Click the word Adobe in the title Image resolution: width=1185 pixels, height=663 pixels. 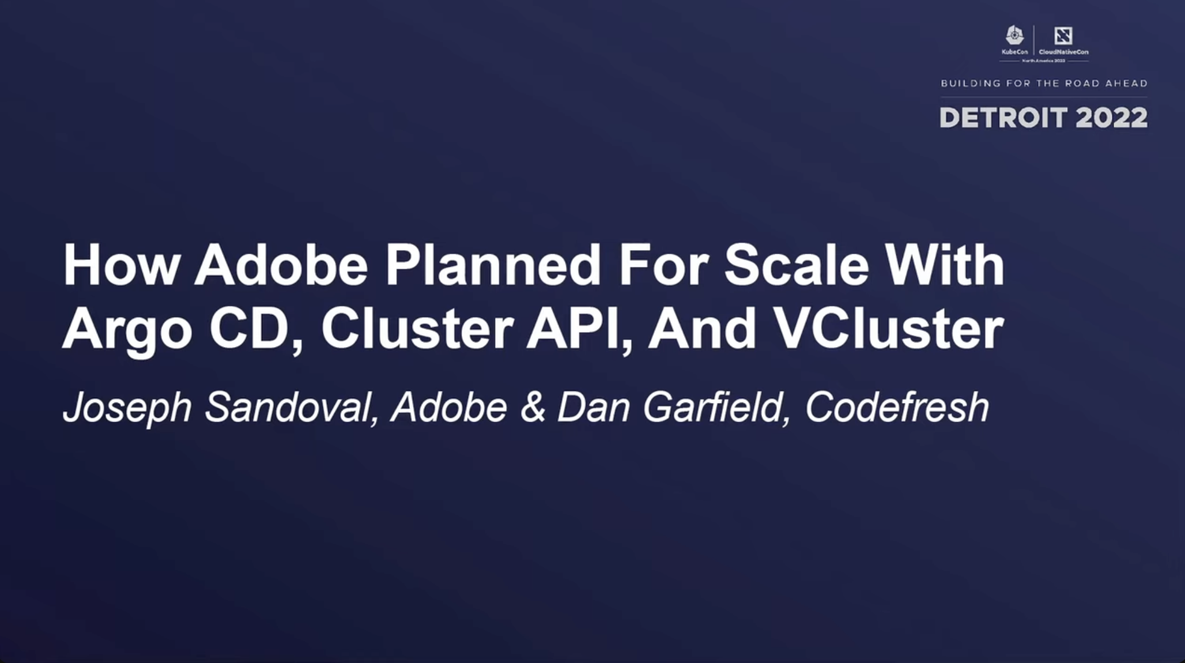tap(281, 266)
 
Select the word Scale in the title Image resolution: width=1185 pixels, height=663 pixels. tap(796, 266)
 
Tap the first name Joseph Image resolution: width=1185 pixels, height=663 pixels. tap(127, 408)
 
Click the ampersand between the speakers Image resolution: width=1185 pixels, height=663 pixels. tap(533, 407)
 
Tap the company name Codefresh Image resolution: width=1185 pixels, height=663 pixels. tap(897, 407)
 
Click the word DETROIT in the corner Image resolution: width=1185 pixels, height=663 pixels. tap(1003, 118)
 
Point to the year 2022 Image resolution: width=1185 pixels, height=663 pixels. tap(1111, 118)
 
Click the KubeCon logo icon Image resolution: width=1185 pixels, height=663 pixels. tap(1014, 36)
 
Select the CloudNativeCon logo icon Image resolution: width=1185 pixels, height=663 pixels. tap(1063, 36)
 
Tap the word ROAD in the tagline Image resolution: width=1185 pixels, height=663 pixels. tap(1082, 84)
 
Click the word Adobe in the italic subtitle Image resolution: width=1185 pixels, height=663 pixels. tap(449, 407)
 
